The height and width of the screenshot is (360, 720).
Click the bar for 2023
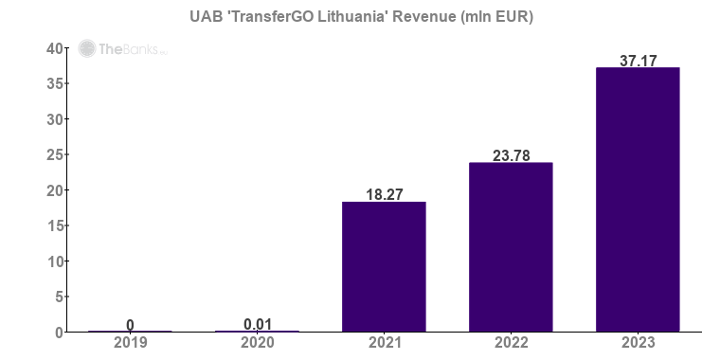(638, 200)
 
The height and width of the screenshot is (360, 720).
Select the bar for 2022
(511, 247)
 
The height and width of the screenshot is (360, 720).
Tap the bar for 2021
(384, 267)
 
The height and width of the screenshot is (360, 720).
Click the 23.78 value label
(511, 154)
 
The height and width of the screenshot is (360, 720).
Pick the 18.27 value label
(384, 193)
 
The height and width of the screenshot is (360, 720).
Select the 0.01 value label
(257, 324)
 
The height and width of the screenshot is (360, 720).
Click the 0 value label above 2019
(130, 325)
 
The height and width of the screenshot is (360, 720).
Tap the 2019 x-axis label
(130, 342)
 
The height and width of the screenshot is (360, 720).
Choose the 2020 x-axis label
(257, 342)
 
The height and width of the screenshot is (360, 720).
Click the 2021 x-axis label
(384, 342)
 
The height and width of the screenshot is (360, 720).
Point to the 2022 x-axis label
(511, 342)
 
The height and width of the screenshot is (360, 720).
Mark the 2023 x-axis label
(638, 342)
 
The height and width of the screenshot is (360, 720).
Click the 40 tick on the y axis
(55, 48)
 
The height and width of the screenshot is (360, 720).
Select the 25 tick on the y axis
(55, 154)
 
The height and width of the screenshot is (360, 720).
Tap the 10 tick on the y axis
(55, 261)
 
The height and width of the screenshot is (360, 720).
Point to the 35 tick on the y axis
(55, 83)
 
